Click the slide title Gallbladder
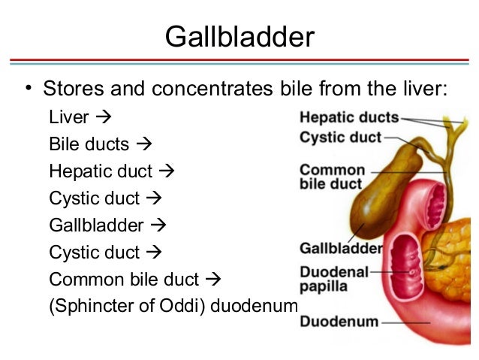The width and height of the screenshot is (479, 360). [239, 35]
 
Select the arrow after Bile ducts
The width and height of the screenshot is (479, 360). [146, 144]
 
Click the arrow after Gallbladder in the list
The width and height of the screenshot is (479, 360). [158, 225]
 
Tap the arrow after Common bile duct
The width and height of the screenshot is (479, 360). [215, 280]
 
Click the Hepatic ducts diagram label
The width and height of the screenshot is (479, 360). [348, 118]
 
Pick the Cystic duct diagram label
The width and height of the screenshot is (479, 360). [340, 138]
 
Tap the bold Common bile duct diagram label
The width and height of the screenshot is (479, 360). [332, 177]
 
